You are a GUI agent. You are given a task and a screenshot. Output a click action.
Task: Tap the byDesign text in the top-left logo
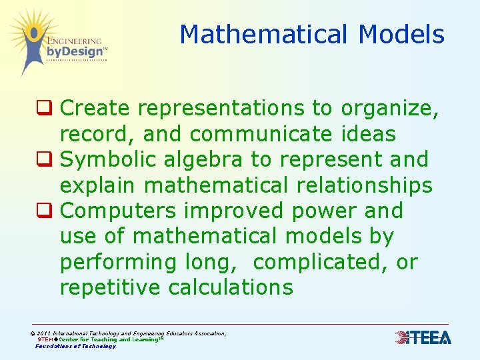(75, 51)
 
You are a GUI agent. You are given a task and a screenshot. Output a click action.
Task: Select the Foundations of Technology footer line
(75, 346)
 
